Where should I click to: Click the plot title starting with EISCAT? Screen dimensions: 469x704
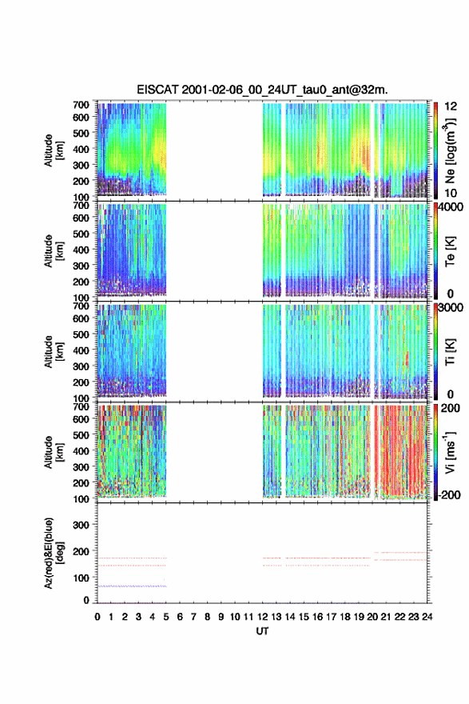coord(262,90)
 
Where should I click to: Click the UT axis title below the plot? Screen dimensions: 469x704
coord(262,631)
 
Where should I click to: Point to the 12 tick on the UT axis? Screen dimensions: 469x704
coord(262,617)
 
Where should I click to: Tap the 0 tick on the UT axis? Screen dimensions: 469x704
coord(97,617)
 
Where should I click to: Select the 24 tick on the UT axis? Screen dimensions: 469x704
coord(427,617)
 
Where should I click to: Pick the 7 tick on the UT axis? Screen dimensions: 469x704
coord(193,617)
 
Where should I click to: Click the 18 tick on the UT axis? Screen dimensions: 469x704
coord(345,617)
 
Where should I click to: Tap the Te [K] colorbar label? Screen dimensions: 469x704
coord(450,251)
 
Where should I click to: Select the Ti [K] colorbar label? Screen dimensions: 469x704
coord(450,351)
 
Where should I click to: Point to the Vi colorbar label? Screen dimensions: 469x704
coord(450,452)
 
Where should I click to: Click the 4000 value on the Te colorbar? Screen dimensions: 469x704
coord(450,207)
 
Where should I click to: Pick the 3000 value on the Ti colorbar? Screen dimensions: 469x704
coord(450,307)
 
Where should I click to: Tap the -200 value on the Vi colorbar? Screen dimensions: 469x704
coord(447,494)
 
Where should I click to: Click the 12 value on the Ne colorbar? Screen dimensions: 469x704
coord(451,106)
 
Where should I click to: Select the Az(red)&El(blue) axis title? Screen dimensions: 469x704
coord(52,554)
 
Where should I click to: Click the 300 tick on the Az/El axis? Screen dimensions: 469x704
coord(81,525)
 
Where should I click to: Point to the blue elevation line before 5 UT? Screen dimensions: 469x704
coord(132,586)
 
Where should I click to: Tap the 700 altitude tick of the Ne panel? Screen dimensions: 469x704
coord(81,105)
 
